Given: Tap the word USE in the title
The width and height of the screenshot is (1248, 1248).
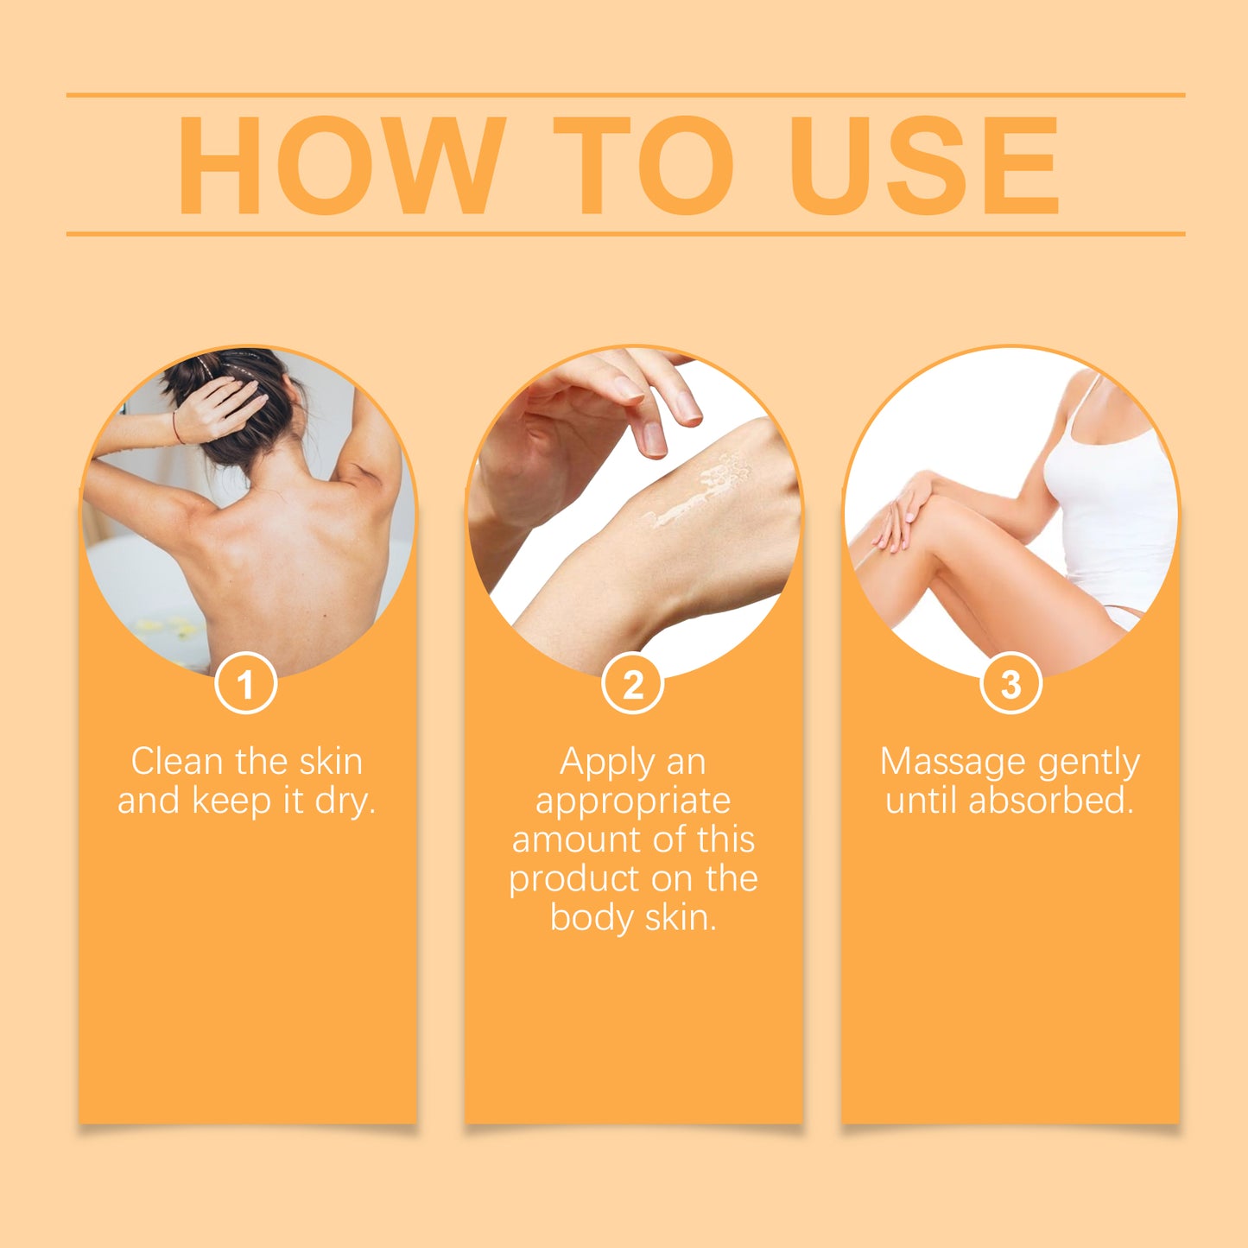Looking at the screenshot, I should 924,165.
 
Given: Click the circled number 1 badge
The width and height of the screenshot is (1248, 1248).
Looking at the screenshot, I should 246,684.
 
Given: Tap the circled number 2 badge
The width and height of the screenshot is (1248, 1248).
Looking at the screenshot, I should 633,684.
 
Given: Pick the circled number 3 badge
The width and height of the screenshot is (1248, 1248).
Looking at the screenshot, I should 1010,684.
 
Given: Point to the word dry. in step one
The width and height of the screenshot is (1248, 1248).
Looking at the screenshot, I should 345,801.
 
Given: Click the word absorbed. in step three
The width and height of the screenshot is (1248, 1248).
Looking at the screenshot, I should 1051,801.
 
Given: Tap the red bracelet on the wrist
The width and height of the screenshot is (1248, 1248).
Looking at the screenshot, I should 177,427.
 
